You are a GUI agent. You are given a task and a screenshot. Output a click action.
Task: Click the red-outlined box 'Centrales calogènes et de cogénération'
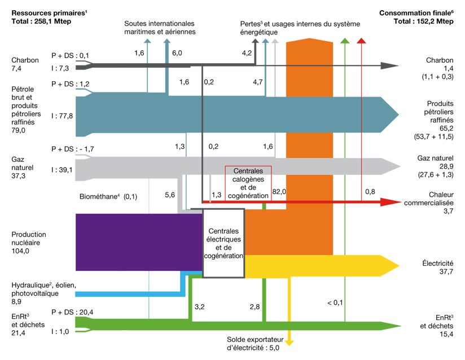click(248, 182)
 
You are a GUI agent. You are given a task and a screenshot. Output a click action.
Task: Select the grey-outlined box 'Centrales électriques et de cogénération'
click(223, 243)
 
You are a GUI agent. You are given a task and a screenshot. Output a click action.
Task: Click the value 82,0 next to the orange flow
click(279, 192)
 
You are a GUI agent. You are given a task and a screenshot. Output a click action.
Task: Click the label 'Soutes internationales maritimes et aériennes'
click(160, 28)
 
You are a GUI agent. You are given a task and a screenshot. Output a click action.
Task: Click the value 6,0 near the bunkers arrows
click(177, 52)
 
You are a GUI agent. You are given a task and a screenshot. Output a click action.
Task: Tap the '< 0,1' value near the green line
click(335, 303)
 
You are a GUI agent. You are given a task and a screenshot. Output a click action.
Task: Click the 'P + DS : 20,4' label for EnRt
click(71, 312)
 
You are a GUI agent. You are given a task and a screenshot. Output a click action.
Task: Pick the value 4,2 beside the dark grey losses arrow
click(247, 52)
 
